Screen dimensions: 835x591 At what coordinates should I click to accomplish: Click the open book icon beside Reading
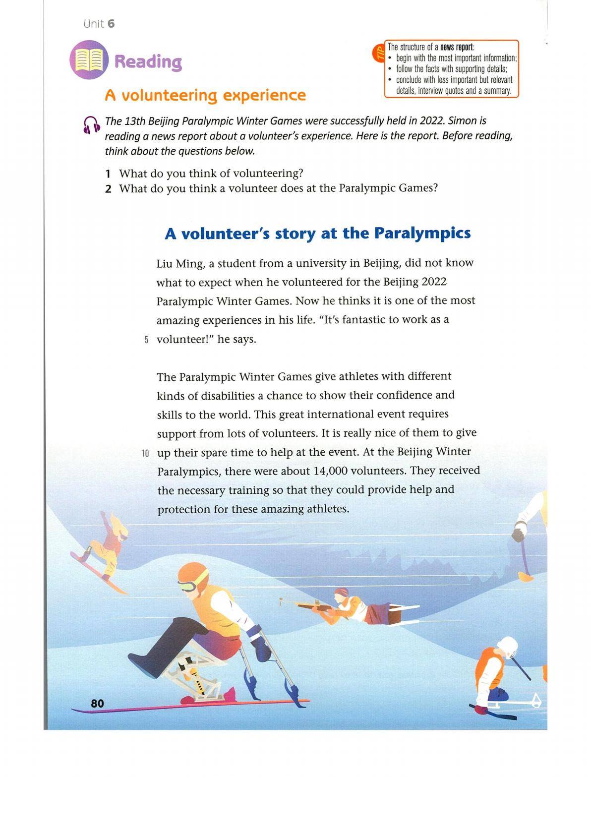pyautogui.click(x=89, y=60)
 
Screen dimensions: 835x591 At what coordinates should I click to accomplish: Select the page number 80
pyautogui.click(x=97, y=703)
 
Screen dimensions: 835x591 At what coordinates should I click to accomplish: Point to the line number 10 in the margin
pyautogui.click(x=145, y=453)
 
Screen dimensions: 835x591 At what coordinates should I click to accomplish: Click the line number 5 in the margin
pyautogui.click(x=146, y=340)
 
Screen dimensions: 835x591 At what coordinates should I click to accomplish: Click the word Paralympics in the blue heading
pyautogui.click(x=422, y=233)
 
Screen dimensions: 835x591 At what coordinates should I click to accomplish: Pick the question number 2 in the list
pyautogui.click(x=108, y=189)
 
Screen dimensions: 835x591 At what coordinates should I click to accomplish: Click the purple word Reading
pyautogui.click(x=148, y=62)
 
